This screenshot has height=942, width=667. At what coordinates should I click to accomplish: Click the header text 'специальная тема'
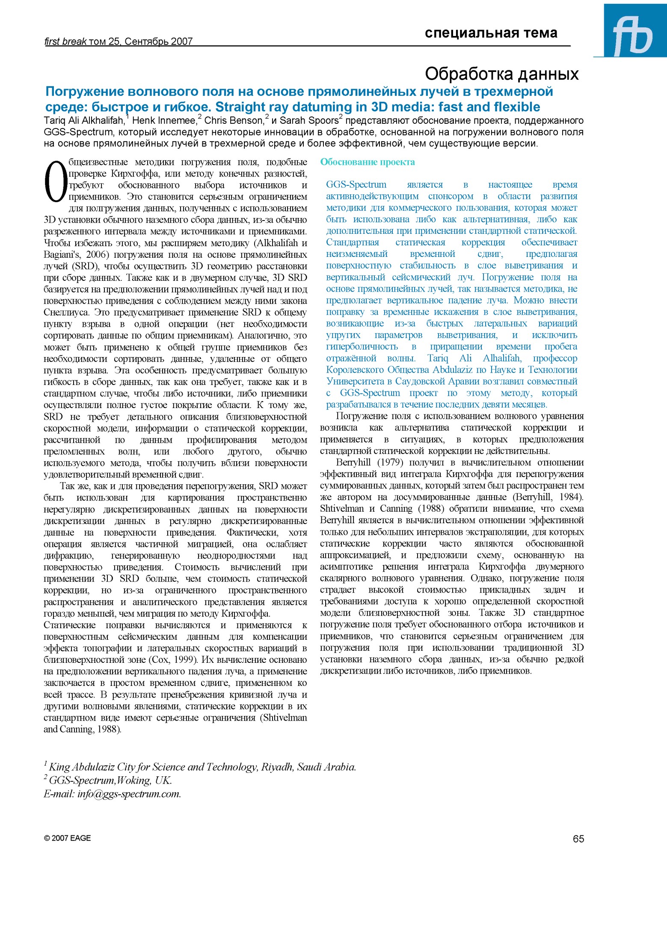click(x=491, y=33)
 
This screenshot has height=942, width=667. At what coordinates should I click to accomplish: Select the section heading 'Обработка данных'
click(x=501, y=74)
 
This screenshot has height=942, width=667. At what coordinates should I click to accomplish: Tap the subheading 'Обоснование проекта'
click(x=368, y=162)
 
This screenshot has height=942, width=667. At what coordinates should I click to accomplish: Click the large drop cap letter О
click(x=56, y=182)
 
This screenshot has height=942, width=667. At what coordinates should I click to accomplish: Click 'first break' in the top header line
click(x=65, y=42)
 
